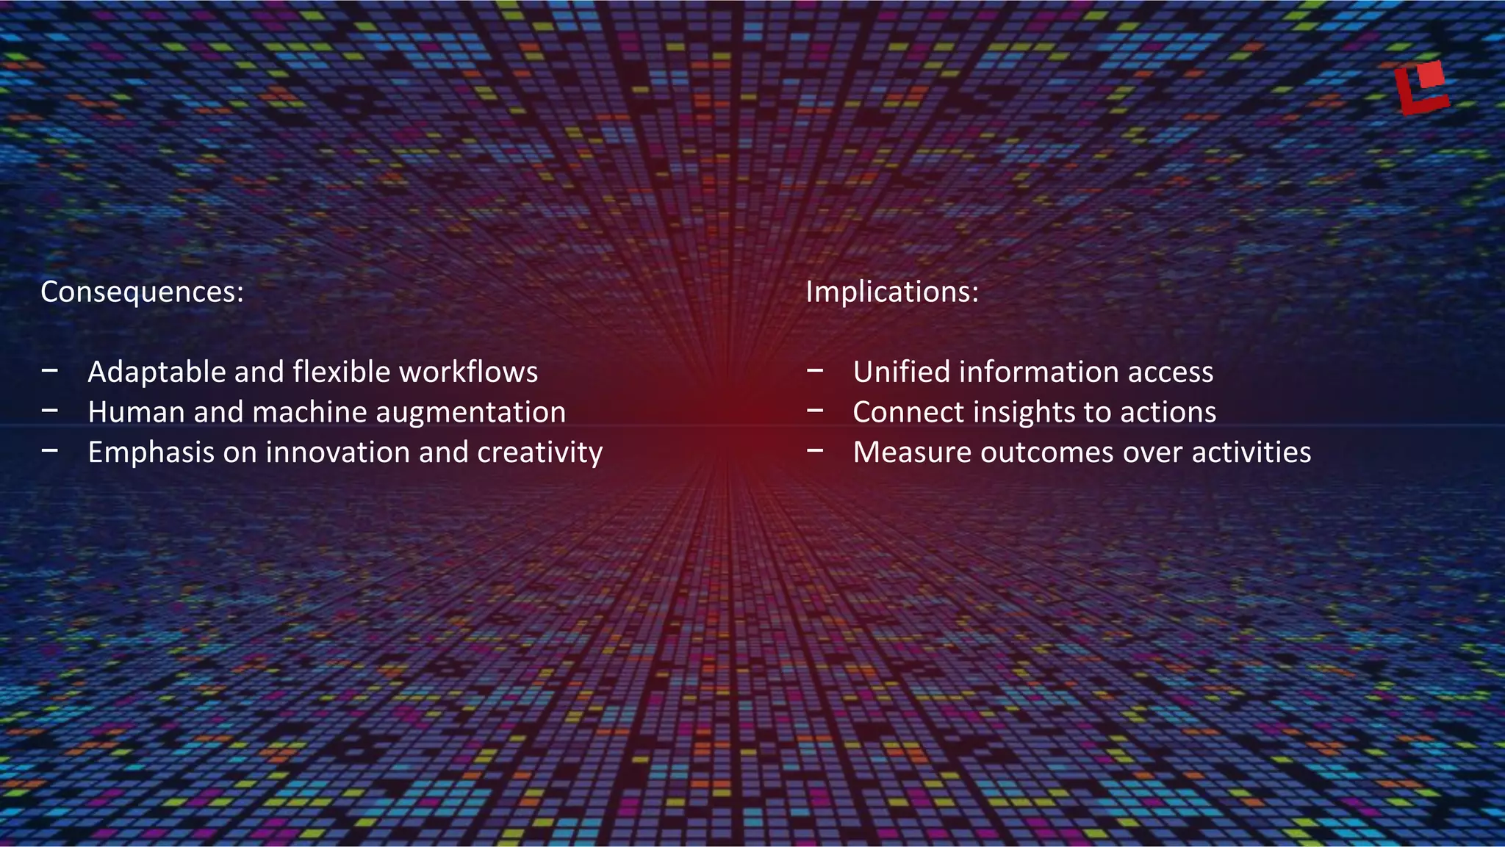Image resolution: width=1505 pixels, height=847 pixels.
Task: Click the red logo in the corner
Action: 1421,88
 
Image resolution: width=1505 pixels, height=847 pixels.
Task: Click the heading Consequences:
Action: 142,292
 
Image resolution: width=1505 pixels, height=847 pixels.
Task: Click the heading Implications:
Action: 892,292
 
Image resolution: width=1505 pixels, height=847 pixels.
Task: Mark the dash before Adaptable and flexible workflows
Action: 50,371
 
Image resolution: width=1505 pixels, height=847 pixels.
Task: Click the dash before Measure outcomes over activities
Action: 815,451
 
